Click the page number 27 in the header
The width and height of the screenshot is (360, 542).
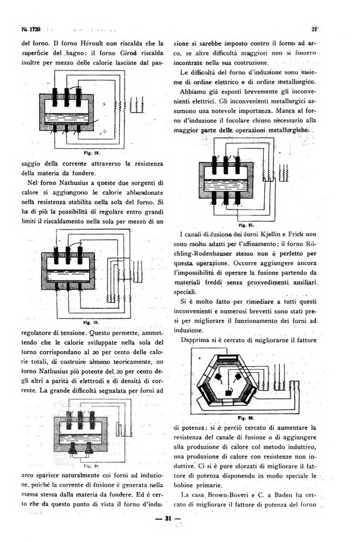coord(314,30)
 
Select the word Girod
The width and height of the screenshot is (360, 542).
coord(128,53)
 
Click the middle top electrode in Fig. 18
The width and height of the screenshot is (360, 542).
coord(66,98)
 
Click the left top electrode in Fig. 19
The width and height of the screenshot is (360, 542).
coord(56,256)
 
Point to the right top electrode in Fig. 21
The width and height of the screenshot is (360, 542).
coord(238,166)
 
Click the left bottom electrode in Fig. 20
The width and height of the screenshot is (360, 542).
coord(73,449)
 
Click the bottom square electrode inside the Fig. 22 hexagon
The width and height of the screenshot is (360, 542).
coord(229,393)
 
